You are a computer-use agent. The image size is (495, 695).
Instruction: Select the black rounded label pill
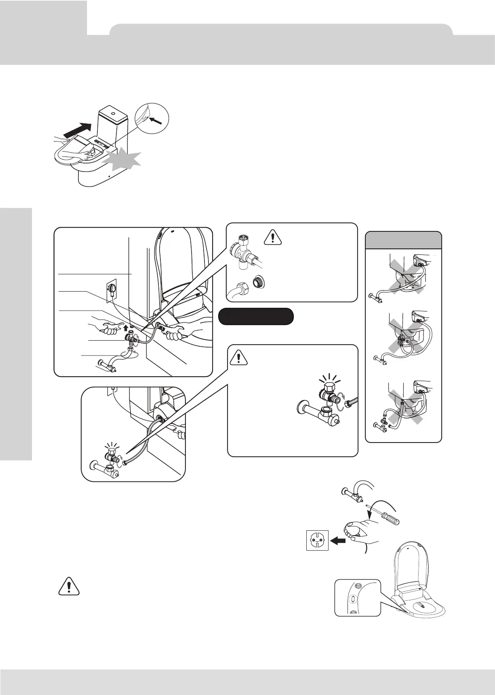click(255, 316)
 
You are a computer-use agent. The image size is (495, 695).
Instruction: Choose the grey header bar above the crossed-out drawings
click(403, 240)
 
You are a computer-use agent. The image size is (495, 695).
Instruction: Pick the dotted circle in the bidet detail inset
click(352, 598)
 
